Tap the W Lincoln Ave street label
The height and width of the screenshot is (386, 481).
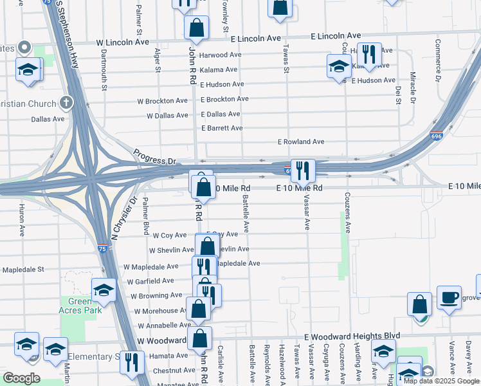(x=123, y=42)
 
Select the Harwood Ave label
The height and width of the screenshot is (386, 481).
(x=220, y=55)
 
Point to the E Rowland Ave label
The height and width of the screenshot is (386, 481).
(x=301, y=142)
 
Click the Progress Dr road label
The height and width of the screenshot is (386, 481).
(x=154, y=157)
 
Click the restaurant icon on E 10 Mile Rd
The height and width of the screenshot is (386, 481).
(x=303, y=170)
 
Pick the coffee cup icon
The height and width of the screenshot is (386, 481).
(x=449, y=297)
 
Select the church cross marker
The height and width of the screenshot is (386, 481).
(x=66, y=102)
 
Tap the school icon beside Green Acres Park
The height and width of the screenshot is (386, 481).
(x=104, y=291)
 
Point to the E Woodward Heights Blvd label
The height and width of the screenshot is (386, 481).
(x=352, y=336)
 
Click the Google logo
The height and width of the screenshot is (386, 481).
(x=22, y=378)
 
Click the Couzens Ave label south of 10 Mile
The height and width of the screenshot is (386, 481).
(x=347, y=212)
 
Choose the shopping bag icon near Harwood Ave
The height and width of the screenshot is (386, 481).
(x=197, y=28)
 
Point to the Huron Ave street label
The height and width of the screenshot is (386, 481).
(x=22, y=220)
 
